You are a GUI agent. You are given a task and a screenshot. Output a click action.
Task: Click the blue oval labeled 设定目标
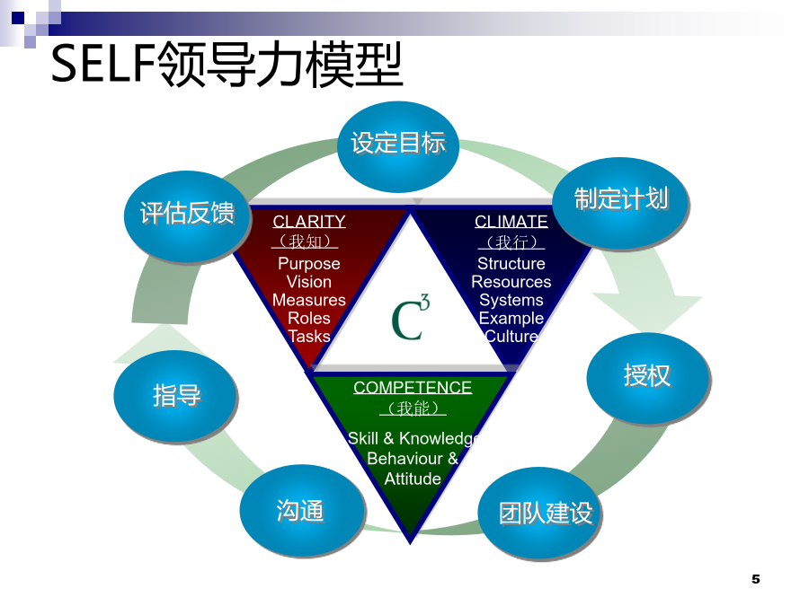pos(398,146)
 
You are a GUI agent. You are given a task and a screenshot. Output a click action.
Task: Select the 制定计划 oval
pos(620,203)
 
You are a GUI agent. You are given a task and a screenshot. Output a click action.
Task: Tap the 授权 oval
pos(648,378)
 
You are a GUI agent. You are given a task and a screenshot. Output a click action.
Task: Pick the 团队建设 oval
pos(539,513)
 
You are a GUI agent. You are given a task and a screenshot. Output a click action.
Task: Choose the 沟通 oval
pos(302,510)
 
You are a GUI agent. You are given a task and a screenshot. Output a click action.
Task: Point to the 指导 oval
pos(175,396)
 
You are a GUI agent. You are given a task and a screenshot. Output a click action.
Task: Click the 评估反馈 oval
pos(187,216)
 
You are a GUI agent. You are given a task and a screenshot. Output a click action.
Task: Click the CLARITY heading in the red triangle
pos(309,222)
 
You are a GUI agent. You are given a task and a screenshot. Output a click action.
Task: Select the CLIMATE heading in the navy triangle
pos(511,222)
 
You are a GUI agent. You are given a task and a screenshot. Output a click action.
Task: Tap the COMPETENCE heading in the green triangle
pos(413,388)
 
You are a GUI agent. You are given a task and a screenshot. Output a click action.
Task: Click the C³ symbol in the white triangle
pos(410,318)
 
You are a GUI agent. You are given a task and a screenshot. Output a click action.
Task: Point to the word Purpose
pos(309,264)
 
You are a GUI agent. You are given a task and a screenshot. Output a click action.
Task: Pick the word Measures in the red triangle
pos(309,300)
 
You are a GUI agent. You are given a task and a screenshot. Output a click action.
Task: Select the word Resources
pos(511,282)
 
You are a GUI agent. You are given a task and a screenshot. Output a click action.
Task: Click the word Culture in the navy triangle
pos(511,336)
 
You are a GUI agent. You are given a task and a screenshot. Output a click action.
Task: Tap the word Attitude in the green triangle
pos(413,479)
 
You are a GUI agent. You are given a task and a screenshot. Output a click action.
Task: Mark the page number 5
pos(756,579)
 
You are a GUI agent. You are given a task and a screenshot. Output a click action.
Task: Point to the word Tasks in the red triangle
pos(309,336)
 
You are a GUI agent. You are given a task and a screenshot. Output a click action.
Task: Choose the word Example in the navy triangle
pos(511,319)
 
